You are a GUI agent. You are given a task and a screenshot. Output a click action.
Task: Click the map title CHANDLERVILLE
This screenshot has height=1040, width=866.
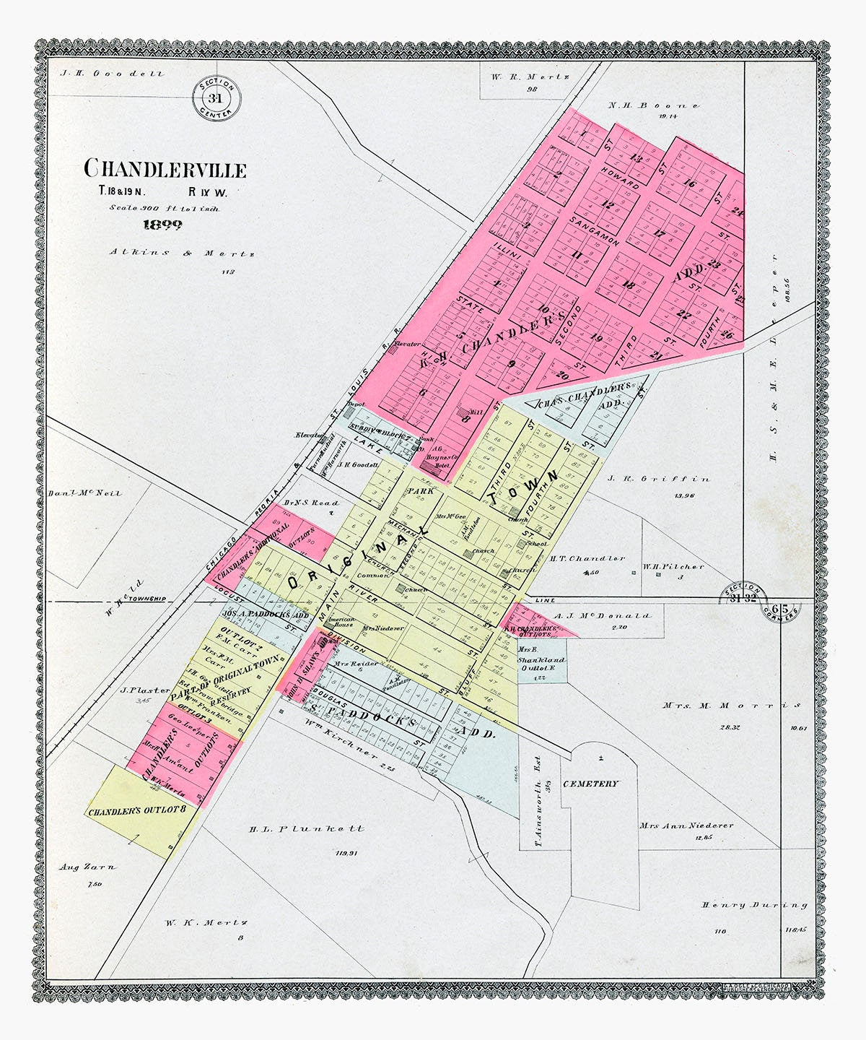165,169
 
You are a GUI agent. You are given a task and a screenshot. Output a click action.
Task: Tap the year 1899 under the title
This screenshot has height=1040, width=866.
162,225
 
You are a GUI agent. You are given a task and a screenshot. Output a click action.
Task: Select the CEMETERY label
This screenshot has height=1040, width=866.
590,784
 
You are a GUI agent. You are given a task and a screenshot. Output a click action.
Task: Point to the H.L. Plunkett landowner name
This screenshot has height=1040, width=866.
307,829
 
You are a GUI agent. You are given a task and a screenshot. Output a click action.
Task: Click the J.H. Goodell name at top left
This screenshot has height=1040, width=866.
113,74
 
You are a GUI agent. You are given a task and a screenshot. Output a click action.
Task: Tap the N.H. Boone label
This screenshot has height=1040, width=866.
654,105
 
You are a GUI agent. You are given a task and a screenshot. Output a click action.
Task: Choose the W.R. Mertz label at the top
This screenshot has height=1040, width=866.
531,77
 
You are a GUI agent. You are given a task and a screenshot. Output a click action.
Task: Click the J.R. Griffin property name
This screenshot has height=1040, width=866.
658,479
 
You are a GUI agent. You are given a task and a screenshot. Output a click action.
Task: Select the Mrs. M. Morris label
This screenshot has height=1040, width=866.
731,705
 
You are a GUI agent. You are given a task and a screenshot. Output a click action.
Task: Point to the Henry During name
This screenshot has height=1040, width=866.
754,905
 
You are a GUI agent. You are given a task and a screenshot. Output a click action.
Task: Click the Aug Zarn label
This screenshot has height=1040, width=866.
87,867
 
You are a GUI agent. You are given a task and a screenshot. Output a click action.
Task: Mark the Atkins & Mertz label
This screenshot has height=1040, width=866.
182,253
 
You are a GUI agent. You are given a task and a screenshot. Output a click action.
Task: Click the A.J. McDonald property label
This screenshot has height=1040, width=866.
603,616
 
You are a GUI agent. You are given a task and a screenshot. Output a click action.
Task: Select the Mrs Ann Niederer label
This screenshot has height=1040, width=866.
686,825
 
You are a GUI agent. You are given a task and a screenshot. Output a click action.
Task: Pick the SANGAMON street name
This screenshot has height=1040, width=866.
593,230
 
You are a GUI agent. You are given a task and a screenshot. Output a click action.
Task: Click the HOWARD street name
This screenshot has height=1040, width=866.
620,180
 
